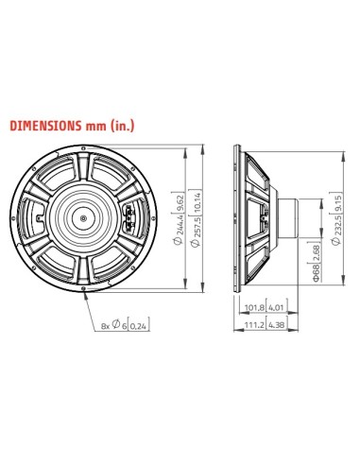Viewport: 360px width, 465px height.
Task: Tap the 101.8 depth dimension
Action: (x=253, y=307)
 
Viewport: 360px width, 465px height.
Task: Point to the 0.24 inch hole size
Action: (x=138, y=326)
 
